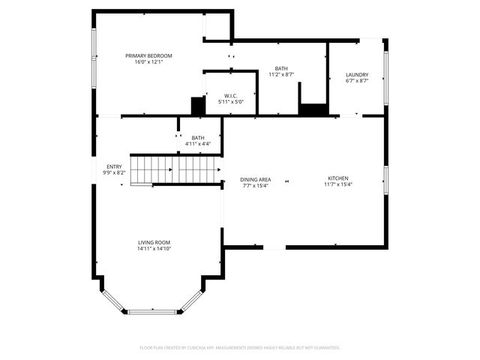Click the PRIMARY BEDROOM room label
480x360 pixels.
[148, 55]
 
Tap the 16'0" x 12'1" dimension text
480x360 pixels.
[148, 62]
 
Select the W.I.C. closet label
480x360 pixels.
[230, 95]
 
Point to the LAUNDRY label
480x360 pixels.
[356, 74]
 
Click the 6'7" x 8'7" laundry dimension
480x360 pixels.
[356, 81]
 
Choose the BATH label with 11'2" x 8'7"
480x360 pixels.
[281, 68]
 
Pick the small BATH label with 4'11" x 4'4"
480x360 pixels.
[198, 137]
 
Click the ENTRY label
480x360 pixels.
[114, 166]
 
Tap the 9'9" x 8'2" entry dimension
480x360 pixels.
[114, 173]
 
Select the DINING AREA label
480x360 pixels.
[255, 179]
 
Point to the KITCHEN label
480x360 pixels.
[337, 178]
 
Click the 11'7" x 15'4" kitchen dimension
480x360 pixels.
[337, 184]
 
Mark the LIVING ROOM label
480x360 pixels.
[154, 242]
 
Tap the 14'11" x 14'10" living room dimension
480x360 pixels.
[154, 249]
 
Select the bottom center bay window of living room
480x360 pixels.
[154, 311]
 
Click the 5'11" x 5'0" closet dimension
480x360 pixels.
[230, 102]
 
